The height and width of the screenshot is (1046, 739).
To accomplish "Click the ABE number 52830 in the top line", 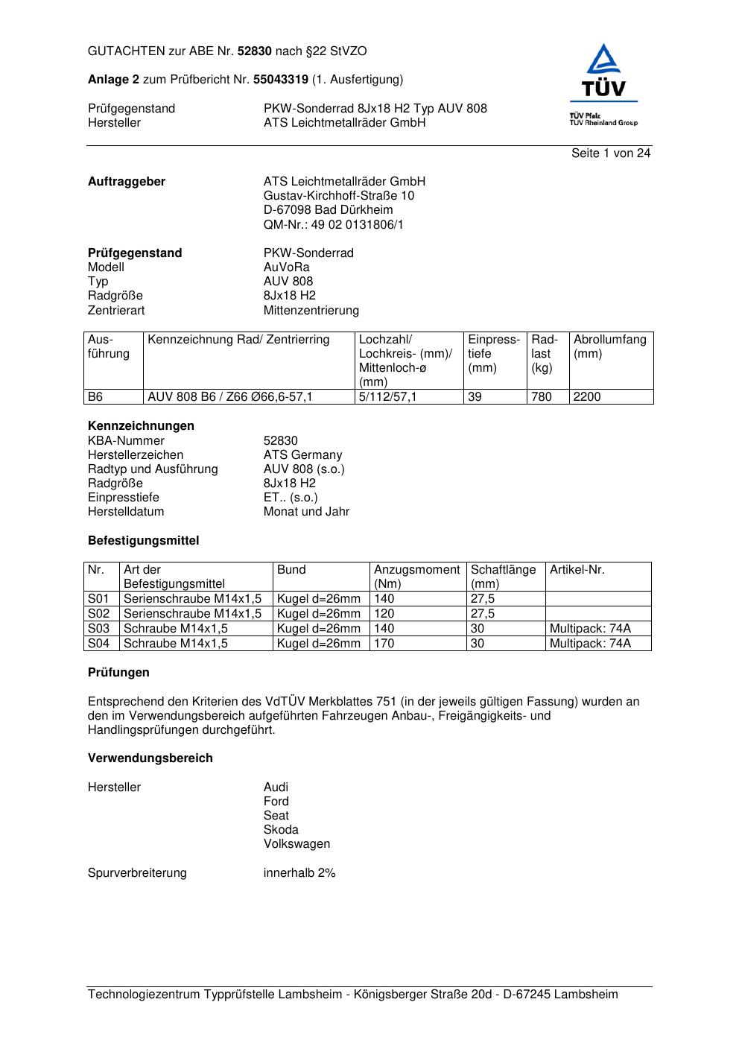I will click(x=255, y=51).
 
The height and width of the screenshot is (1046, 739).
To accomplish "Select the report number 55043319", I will click(x=281, y=79).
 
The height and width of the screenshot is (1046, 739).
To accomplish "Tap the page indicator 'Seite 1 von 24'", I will click(x=611, y=153).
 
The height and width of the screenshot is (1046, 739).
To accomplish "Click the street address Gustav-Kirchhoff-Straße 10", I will click(x=339, y=195).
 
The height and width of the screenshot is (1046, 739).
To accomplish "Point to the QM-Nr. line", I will click(x=334, y=224).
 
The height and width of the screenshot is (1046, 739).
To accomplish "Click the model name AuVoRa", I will click(x=286, y=267).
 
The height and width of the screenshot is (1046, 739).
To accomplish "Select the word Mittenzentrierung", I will click(x=311, y=310).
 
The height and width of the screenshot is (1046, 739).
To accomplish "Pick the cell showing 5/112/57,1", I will click(x=388, y=397).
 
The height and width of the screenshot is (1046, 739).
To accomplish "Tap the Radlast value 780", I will click(x=542, y=397).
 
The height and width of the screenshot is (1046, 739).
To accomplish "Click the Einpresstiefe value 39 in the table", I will click(x=475, y=397).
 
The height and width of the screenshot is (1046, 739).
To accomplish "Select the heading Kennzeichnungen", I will click(x=141, y=425).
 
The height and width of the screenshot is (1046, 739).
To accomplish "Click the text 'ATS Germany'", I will click(x=302, y=454).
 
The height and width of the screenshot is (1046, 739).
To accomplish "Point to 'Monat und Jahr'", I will click(x=306, y=511).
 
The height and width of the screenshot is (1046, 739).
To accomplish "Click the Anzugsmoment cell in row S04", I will click(x=384, y=643).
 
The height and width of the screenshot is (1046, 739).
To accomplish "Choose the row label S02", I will click(x=98, y=613).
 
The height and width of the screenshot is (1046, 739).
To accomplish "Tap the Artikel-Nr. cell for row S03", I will click(x=590, y=628).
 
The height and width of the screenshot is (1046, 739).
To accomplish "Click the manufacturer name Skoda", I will click(x=281, y=829).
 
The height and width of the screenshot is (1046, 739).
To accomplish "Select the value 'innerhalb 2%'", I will click(x=299, y=872).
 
